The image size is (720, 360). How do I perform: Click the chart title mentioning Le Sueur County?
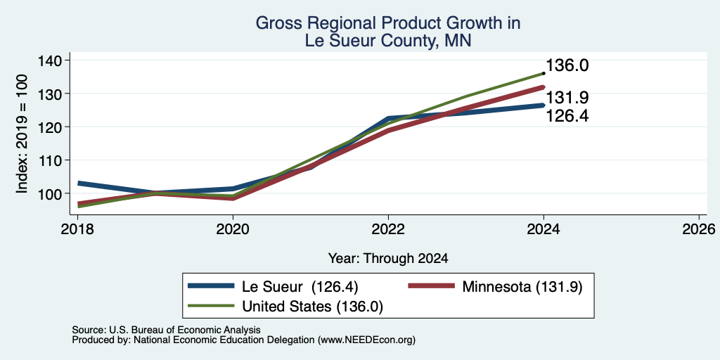(x=388, y=32)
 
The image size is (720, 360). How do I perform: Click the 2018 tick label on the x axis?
(x=77, y=229)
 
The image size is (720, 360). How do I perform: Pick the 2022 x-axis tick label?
(x=388, y=229)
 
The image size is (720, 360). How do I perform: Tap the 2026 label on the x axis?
(x=699, y=229)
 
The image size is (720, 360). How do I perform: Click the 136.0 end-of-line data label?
(x=567, y=65)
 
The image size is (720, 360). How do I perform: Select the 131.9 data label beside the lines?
(x=567, y=98)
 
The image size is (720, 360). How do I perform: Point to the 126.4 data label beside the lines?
(x=567, y=116)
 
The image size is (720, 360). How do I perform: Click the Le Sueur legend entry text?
(x=300, y=287)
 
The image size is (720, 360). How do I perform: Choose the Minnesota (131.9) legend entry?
(x=522, y=287)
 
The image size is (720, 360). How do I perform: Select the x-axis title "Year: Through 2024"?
(x=388, y=259)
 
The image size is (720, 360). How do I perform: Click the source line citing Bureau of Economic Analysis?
(x=166, y=330)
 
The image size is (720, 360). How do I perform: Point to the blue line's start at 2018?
(x=78, y=184)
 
